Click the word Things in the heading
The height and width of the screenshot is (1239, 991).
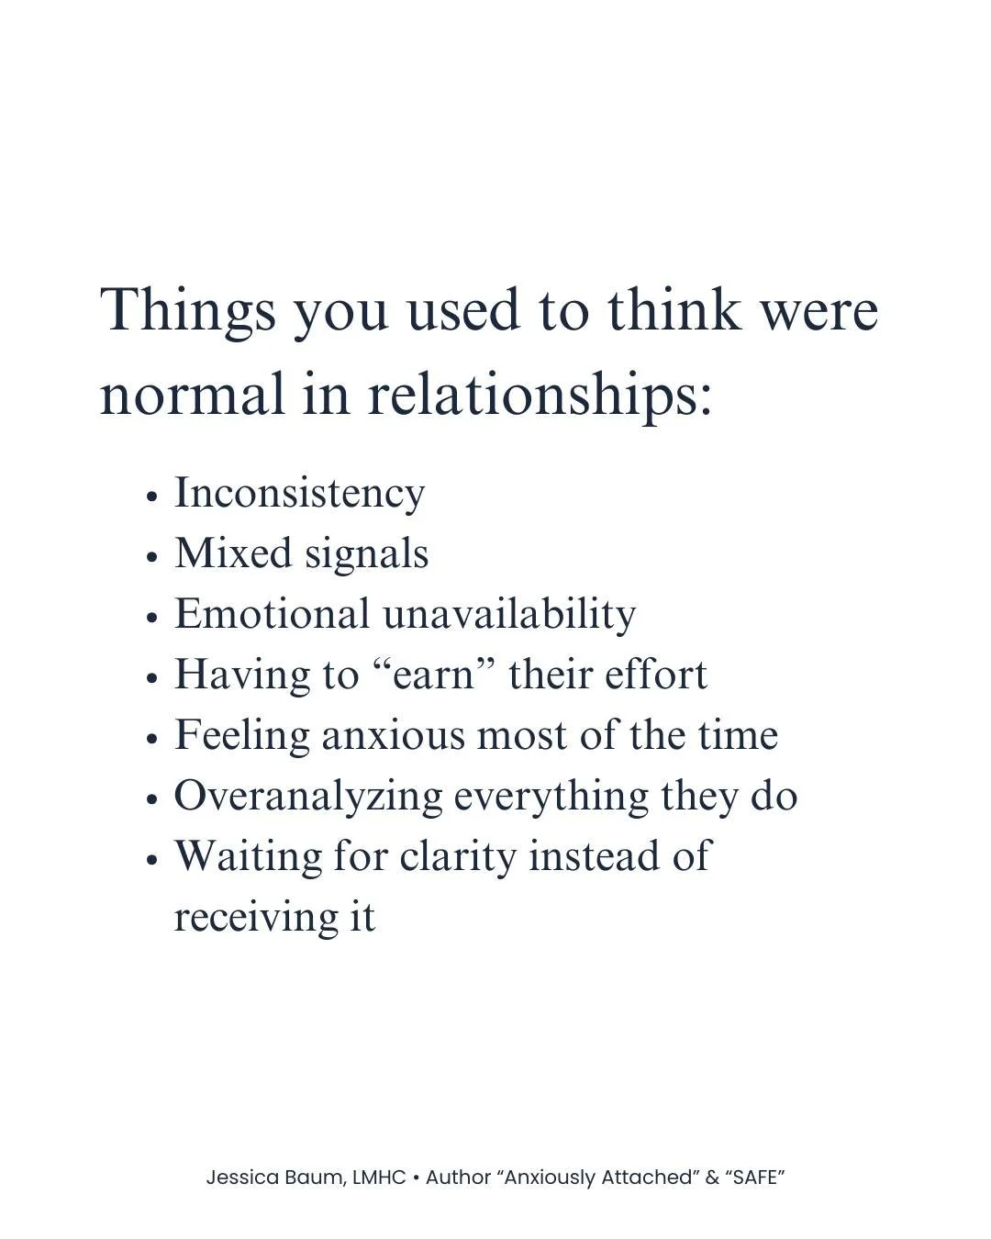[187, 311]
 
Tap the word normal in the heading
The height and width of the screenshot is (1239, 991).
[192, 395]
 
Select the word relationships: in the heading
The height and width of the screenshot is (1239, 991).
[540, 395]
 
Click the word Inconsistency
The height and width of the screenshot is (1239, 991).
[299, 494]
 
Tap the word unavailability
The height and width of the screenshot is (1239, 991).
[508, 614]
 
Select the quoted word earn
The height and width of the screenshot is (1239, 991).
[433, 675]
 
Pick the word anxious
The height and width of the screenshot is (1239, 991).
[394, 735]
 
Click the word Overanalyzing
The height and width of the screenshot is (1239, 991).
[308, 797]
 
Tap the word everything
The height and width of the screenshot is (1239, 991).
[551, 797]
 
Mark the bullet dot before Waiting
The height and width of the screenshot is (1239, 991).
[153, 861]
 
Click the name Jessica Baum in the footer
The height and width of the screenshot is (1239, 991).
[276, 1178]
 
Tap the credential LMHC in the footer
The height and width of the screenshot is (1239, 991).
[379, 1178]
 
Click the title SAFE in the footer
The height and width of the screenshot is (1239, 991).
[755, 1178]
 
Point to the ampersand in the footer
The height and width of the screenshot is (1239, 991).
[712, 1178]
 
